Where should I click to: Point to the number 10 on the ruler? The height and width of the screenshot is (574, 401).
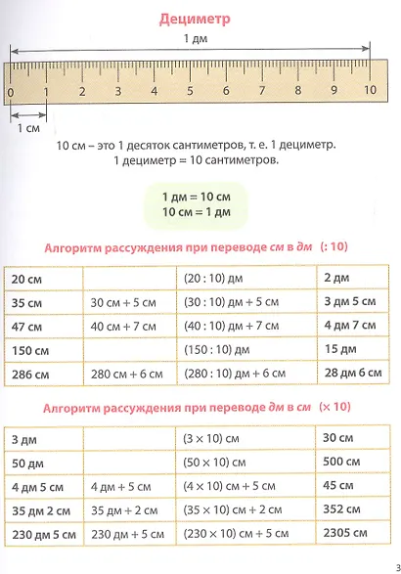pos(370,91)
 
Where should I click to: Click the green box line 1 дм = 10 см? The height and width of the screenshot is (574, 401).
pos(200,198)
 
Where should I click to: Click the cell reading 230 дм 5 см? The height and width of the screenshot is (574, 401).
pos(46,534)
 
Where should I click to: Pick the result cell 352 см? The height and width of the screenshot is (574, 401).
pos(342,509)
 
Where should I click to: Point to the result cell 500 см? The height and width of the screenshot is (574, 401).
pos(342,463)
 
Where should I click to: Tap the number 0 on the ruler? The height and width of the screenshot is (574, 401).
pos(10,91)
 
